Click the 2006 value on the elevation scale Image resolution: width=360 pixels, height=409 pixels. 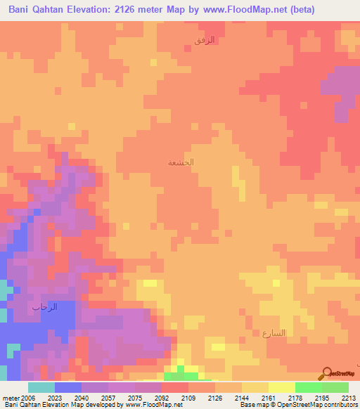click(27, 397)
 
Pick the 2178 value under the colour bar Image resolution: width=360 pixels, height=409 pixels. click(294, 397)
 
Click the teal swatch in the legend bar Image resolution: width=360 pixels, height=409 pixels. click(41, 387)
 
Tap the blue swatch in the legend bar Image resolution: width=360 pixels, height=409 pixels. click(67, 387)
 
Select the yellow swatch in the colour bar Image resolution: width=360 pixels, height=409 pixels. click(281, 387)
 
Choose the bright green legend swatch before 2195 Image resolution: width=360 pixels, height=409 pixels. click(308, 387)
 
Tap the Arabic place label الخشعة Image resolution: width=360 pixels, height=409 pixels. click(181, 162)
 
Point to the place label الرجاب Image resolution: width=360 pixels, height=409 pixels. click(44, 307)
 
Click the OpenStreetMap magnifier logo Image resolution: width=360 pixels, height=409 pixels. click(326, 372)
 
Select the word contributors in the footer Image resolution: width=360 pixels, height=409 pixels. click(341, 405)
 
